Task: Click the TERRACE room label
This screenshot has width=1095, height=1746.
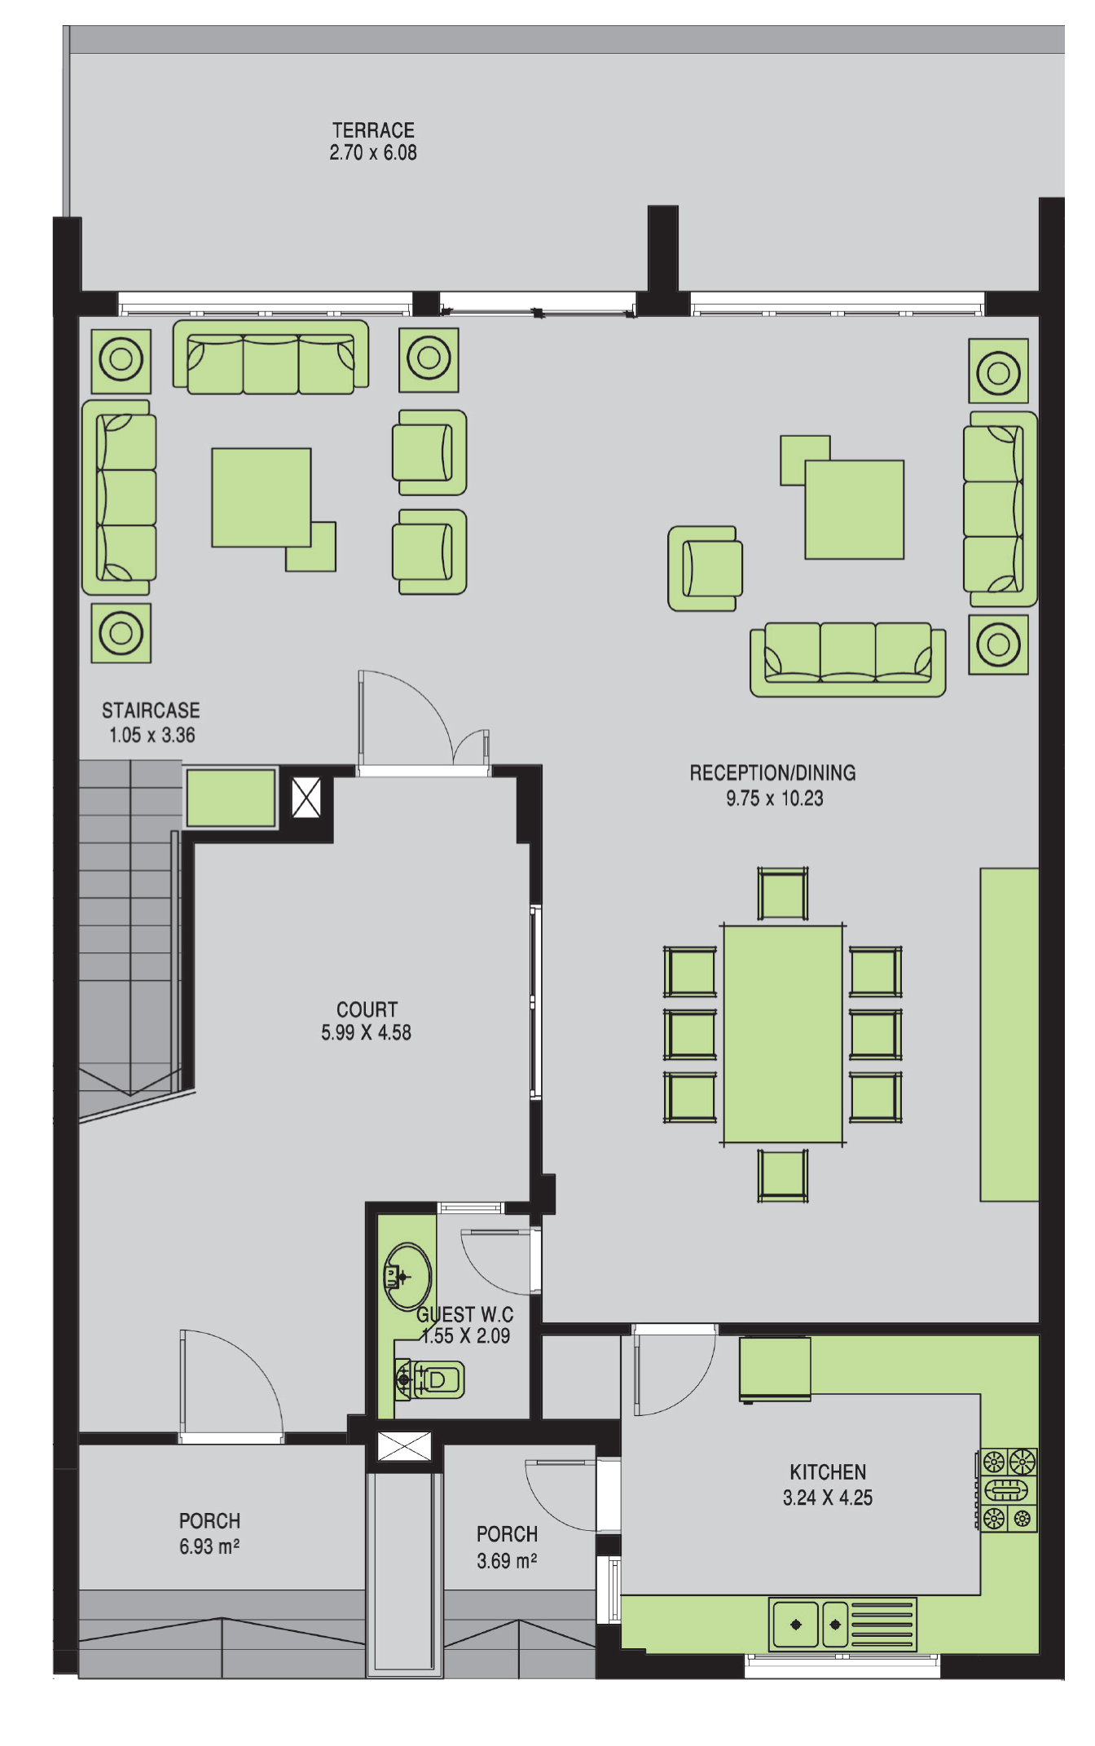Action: (373, 130)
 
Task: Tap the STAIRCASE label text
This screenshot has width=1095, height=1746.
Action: (151, 710)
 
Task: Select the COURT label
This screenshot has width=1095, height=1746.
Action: (367, 1009)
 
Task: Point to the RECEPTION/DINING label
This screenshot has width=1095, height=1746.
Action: (772, 773)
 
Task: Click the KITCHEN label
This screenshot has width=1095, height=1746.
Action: (828, 1472)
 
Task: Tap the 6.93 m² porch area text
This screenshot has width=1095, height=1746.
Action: (209, 1546)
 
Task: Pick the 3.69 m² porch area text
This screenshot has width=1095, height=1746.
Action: (507, 1561)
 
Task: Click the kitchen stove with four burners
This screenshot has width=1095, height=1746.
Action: (1008, 1489)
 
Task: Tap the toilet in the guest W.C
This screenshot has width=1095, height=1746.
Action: (430, 1379)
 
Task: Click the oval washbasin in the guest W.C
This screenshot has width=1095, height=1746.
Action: (407, 1277)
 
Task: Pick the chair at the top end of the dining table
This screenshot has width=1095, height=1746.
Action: (782, 893)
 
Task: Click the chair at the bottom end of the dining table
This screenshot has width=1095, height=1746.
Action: (782, 1175)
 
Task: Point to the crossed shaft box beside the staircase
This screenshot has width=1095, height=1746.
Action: (306, 798)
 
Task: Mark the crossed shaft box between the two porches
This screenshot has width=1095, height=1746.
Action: (404, 1447)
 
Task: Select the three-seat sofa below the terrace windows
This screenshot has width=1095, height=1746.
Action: (270, 358)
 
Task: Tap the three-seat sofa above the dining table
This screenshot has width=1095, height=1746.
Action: (848, 660)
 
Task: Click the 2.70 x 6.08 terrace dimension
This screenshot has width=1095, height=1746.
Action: (373, 152)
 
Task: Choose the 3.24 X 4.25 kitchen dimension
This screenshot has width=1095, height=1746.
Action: (828, 1498)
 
